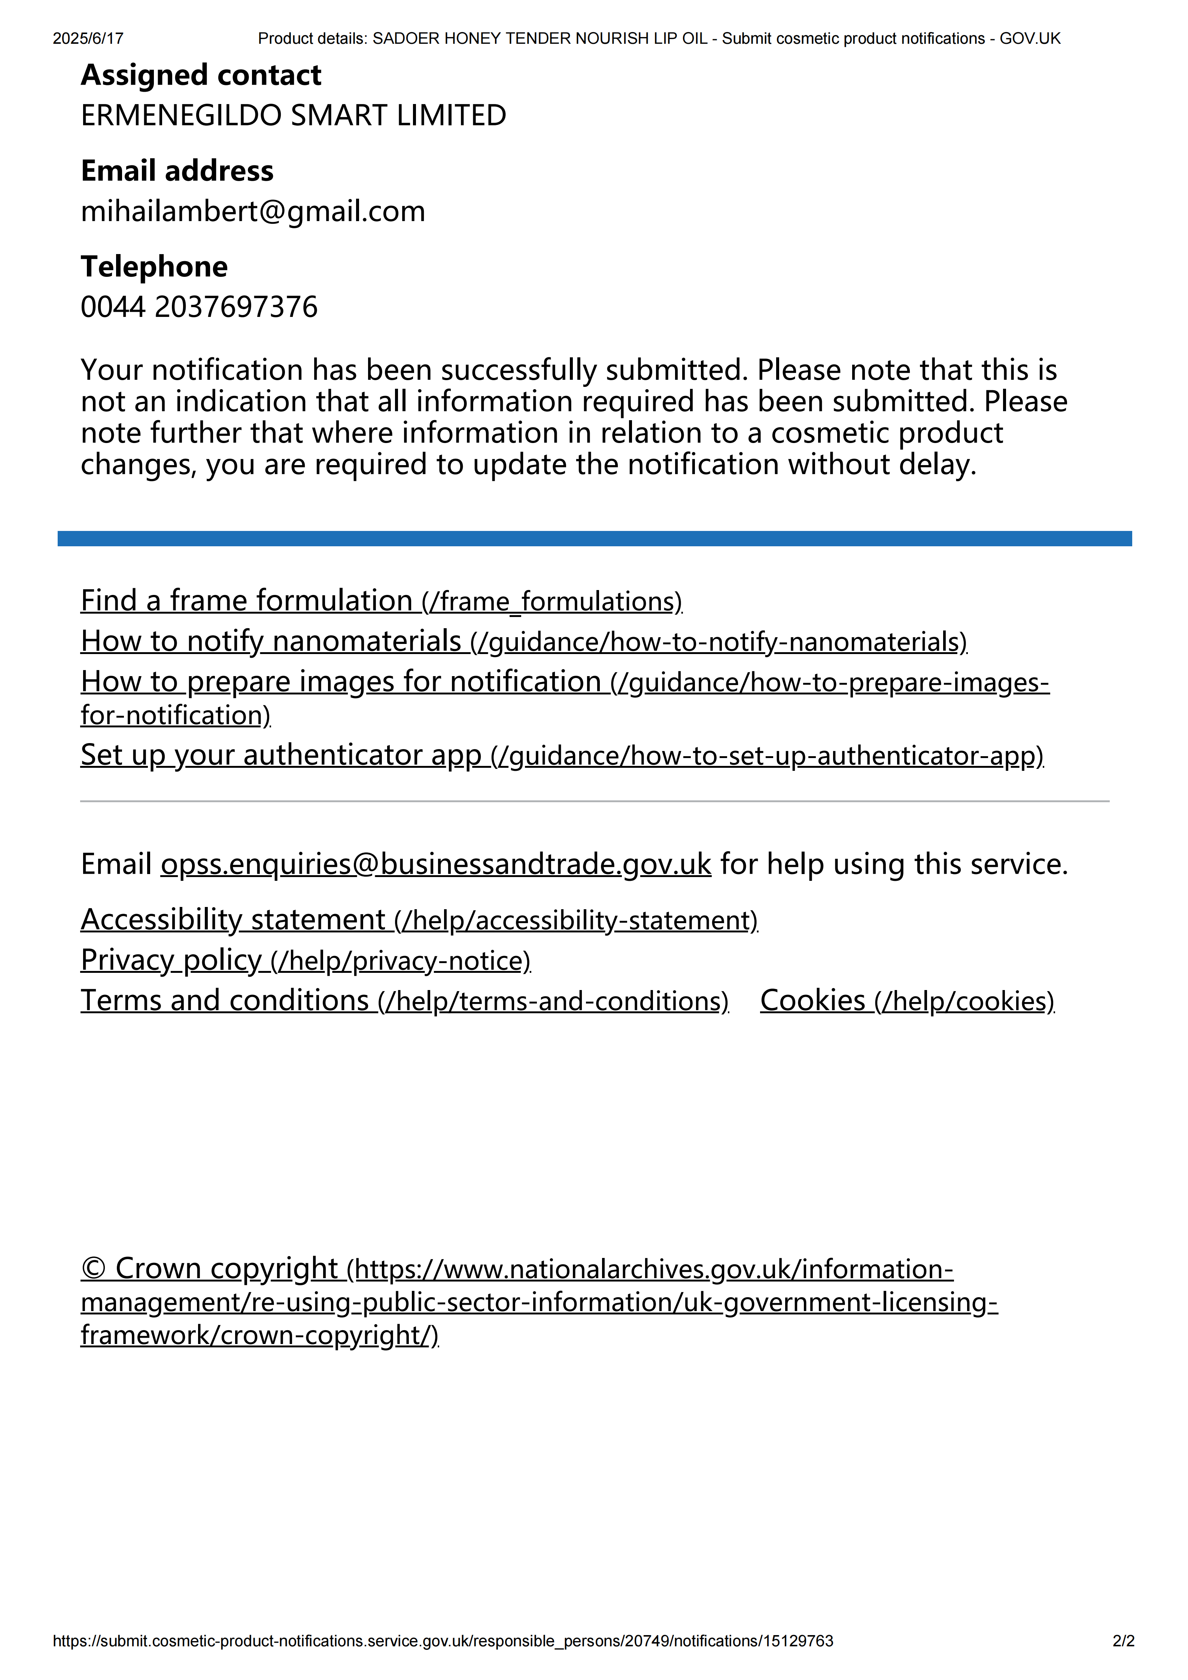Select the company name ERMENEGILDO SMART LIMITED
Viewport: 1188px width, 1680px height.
click(293, 116)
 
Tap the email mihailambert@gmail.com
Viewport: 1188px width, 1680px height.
click(252, 211)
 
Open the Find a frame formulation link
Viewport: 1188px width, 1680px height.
click(381, 601)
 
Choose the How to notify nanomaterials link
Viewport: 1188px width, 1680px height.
click(523, 642)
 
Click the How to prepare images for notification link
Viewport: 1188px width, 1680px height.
click(563, 682)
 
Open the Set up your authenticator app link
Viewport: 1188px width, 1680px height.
click(562, 755)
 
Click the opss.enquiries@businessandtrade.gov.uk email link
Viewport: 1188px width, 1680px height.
click(435, 865)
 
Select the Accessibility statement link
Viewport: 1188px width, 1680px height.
click(419, 920)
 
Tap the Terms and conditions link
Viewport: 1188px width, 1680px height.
click(404, 1001)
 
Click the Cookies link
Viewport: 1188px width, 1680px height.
click(907, 1001)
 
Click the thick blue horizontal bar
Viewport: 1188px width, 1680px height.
click(594, 538)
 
